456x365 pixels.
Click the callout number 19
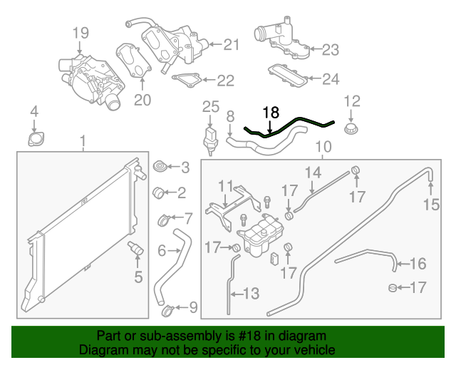click(x=81, y=32)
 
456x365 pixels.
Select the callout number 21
click(x=232, y=44)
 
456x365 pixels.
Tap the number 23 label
click(x=331, y=49)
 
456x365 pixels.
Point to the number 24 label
click(x=330, y=79)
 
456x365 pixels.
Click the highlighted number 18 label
click(x=271, y=112)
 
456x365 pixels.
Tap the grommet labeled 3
click(x=160, y=168)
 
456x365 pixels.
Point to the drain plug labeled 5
click(x=135, y=250)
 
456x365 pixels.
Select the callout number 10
click(x=323, y=148)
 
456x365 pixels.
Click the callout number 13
click(x=252, y=293)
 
